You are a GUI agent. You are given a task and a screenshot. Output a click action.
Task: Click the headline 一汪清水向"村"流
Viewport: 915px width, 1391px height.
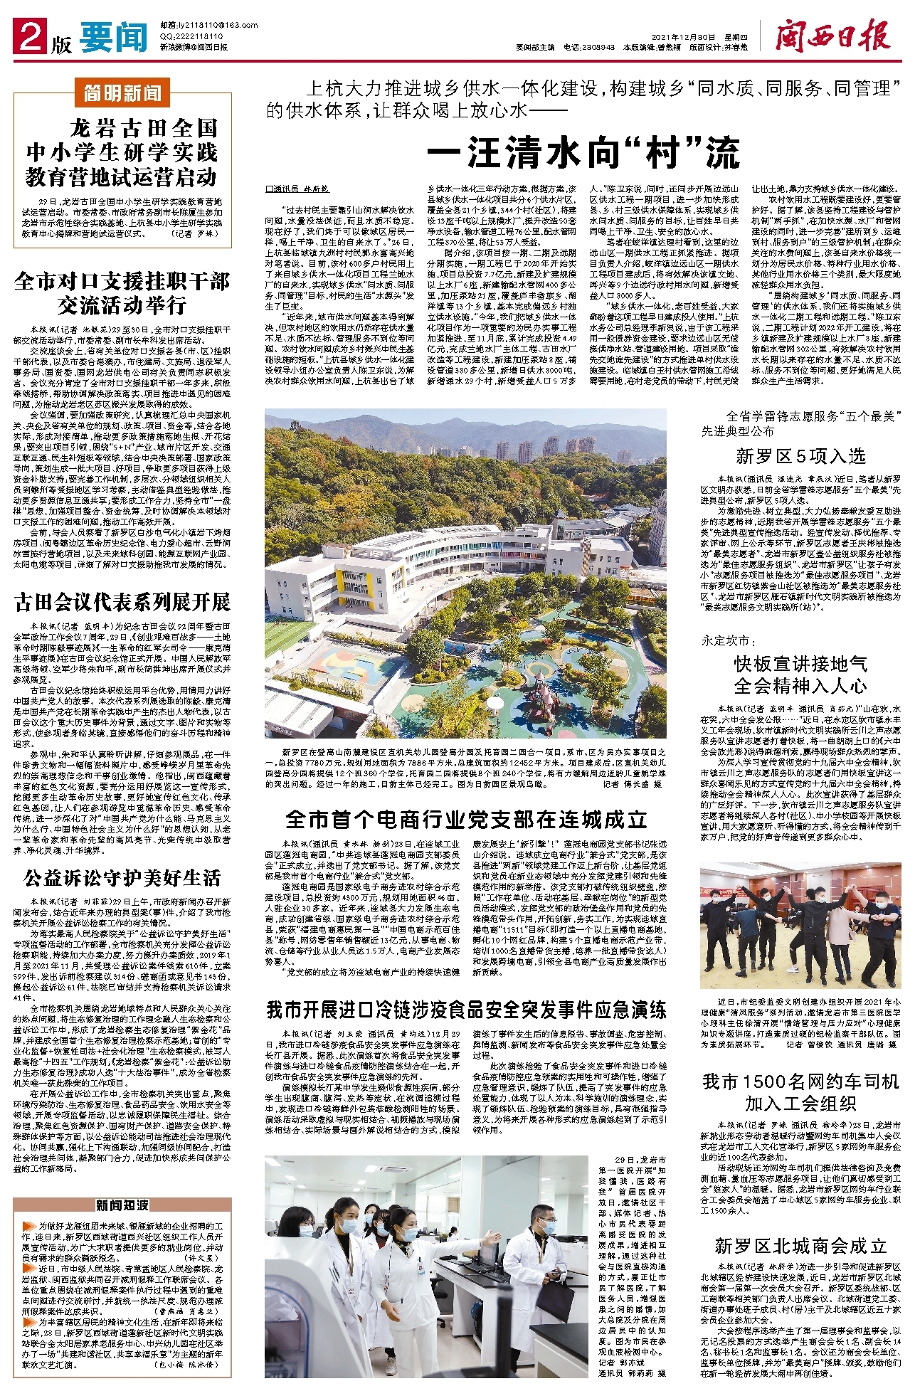tap(583, 152)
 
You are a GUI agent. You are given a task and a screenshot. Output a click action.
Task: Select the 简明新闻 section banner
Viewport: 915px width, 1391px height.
tap(122, 93)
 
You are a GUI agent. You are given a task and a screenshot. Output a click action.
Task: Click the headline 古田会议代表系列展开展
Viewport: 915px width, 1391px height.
tap(122, 603)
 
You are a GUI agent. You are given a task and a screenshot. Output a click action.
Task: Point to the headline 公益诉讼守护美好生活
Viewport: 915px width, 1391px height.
tap(122, 878)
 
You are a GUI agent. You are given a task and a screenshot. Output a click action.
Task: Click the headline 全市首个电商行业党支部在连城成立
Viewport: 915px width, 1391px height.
tap(466, 819)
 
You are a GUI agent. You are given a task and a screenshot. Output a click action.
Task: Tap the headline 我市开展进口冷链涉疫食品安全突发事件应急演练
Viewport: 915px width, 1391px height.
tap(466, 1010)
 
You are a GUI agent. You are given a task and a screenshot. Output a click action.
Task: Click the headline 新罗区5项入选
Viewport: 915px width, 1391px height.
tap(800, 456)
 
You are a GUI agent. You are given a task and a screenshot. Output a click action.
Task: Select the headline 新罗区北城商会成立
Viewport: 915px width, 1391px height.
tap(800, 1246)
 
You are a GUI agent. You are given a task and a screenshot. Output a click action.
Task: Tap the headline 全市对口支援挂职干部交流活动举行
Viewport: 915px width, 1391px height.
tap(122, 293)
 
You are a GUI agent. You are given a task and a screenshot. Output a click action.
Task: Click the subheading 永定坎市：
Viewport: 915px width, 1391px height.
tap(726, 641)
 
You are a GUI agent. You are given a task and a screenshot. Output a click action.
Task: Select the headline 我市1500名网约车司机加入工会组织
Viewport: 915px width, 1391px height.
tap(800, 1092)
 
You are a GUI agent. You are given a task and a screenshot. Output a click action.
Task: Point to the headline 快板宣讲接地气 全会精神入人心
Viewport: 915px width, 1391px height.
tap(800, 675)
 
